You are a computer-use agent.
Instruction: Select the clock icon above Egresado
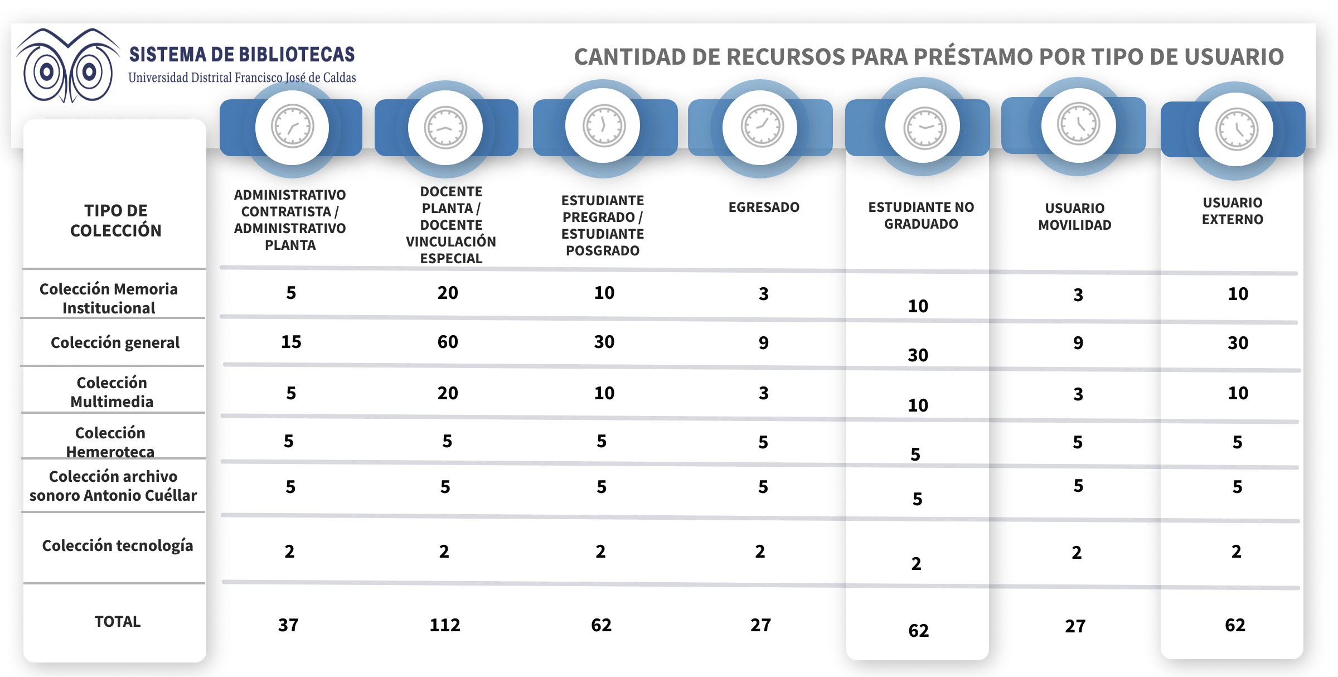click(762, 127)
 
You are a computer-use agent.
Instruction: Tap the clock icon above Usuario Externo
click(1236, 129)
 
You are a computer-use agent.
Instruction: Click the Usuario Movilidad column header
click(1074, 216)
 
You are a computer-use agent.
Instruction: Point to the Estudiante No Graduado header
click(921, 215)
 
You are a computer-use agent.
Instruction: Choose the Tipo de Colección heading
click(115, 220)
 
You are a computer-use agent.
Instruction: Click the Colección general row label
click(115, 342)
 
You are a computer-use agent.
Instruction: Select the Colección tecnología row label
click(118, 545)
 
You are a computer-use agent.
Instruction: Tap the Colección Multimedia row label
click(111, 392)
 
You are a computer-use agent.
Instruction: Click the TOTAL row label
click(118, 621)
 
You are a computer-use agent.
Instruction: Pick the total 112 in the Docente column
click(445, 625)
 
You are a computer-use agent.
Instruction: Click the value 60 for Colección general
click(448, 342)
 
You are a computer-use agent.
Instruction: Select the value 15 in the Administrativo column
click(291, 342)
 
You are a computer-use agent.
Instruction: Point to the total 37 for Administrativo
click(288, 625)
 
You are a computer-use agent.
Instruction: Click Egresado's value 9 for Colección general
click(763, 343)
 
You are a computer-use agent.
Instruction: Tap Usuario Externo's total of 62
click(1235, 625)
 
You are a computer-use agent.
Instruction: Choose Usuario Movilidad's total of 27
click(1075, 626)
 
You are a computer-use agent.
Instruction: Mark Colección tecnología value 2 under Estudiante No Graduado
click(916, 564)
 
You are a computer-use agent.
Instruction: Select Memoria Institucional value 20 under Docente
click(448, 293)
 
